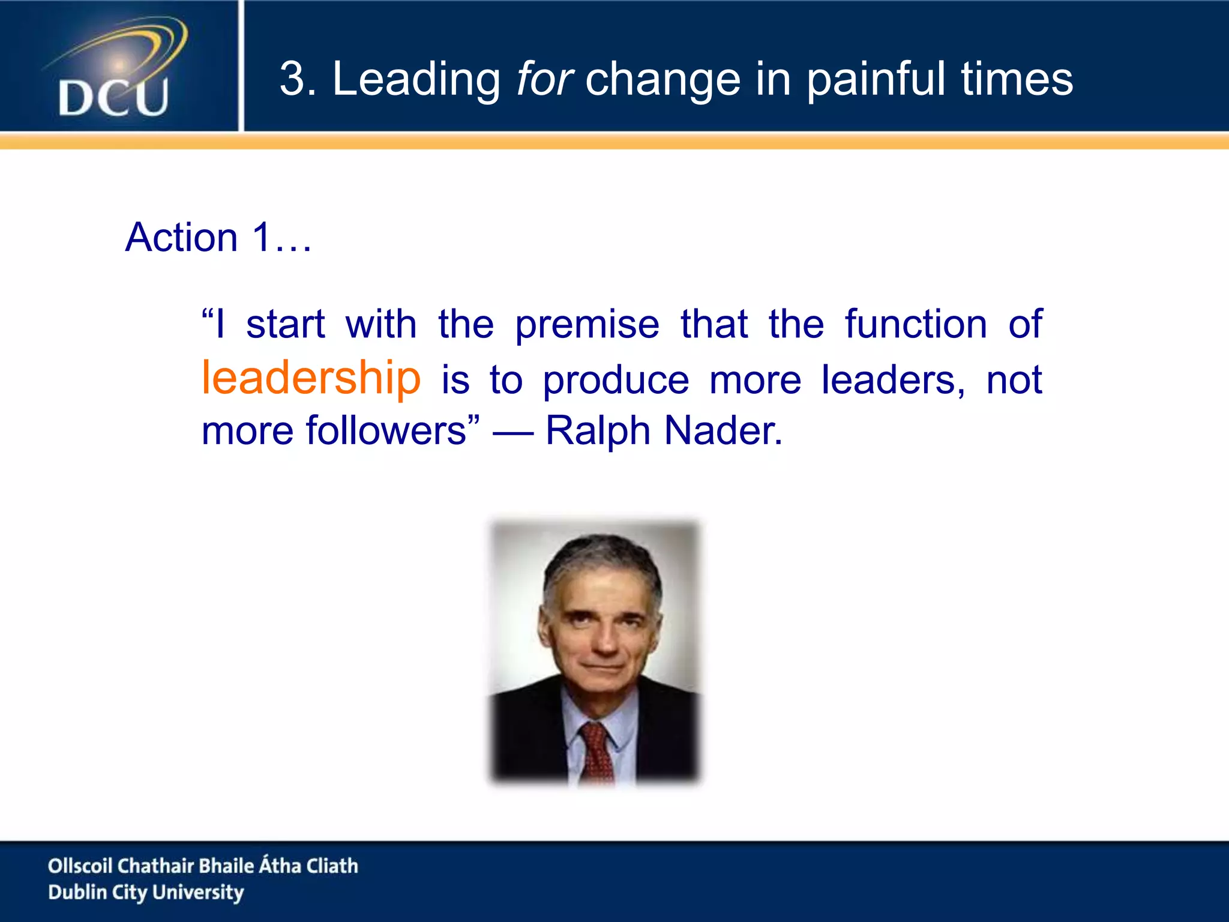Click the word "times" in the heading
1017,79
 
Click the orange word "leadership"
311,378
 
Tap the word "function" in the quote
916,324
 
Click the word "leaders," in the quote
893,381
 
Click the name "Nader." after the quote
724,431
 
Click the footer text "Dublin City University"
146,893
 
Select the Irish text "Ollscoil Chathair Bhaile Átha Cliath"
203,866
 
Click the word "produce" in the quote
616,381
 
